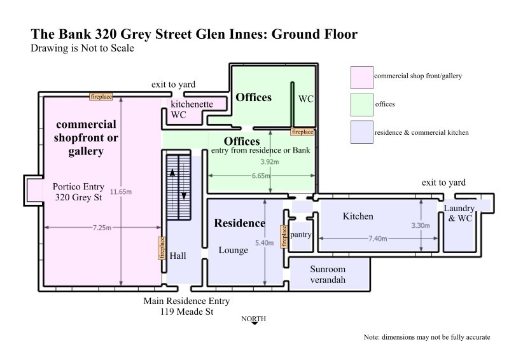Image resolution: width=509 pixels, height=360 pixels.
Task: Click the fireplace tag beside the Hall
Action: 162,248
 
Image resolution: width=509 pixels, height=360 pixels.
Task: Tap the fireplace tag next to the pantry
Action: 284,237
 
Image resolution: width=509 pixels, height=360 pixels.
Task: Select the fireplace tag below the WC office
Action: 302,132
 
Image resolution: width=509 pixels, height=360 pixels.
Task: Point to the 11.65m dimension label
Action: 121,191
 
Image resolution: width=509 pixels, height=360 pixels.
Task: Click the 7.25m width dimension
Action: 102,228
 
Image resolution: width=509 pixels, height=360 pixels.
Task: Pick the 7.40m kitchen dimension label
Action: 377,239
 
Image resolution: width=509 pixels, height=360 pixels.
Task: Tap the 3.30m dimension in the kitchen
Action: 421,225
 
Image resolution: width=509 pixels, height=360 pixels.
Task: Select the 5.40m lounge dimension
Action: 264,242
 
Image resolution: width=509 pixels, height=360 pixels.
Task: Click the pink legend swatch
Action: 361,77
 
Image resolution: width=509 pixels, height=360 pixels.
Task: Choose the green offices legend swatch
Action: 361,104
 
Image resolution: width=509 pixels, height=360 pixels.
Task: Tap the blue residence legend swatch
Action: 361,132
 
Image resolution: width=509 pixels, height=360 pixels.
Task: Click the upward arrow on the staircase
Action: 172,172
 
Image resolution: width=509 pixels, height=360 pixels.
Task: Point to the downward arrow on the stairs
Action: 184,196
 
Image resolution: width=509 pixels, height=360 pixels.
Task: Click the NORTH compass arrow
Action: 254,323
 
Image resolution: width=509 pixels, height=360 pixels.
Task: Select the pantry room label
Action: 300,235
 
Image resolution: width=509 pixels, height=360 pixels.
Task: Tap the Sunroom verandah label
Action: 328,274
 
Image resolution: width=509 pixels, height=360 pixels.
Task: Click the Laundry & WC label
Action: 459,213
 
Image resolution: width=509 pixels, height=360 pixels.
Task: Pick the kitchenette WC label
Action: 192,109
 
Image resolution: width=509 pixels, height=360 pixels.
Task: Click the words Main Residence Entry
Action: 186,301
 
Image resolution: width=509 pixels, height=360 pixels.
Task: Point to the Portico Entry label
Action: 78,186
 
